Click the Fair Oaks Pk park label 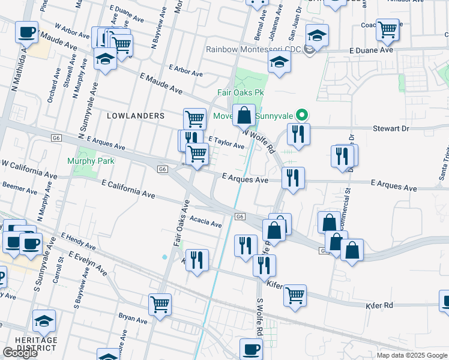coord(240,93)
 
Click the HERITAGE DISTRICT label coord(37,344)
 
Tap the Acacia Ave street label coord(206,223)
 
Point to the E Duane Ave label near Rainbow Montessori coord(372,50)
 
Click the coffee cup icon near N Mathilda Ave coord(26,31)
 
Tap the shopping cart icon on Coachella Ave coord(388,28)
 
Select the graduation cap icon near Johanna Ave coord(279,61)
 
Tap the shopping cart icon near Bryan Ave coord(160,304)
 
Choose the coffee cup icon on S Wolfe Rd coord(252,348)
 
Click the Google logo coord(20,353)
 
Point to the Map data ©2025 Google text coord(412,355)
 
